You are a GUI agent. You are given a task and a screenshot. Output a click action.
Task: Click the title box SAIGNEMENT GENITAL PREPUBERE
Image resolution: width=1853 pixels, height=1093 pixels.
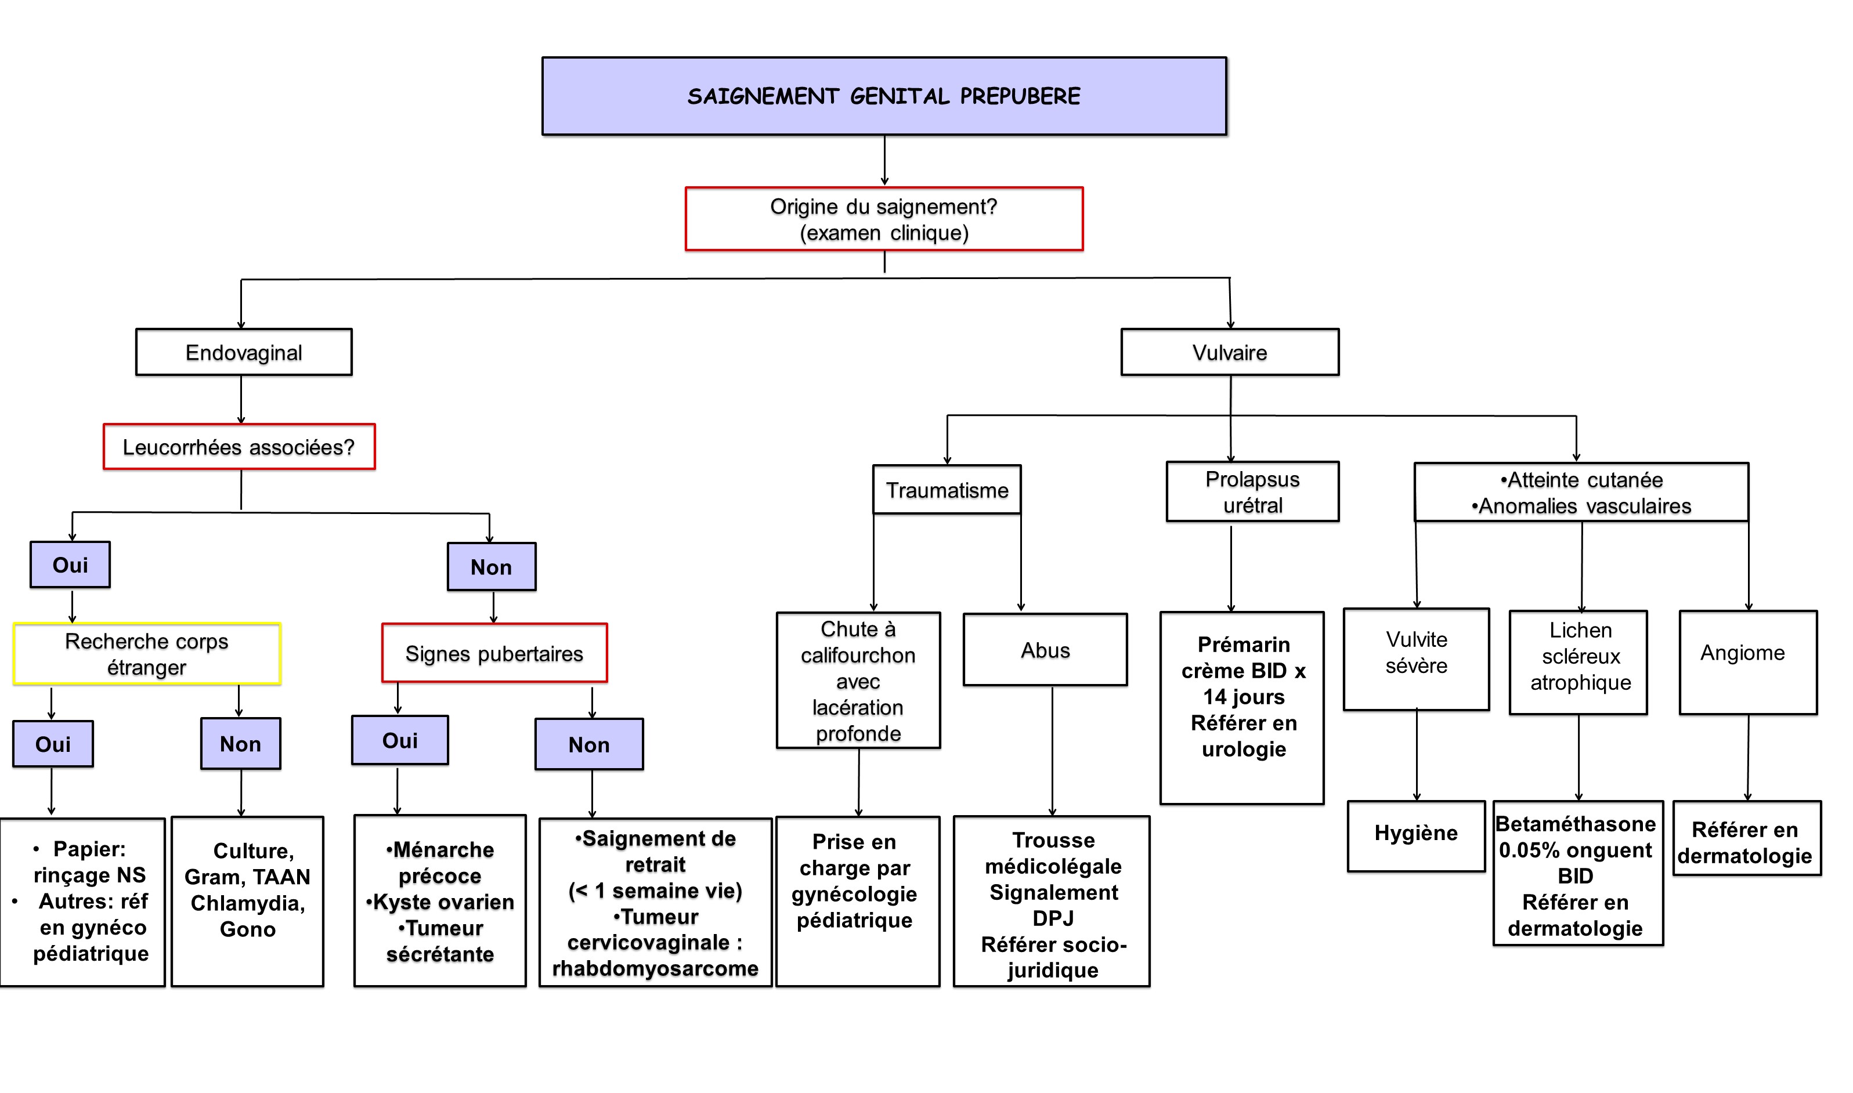[884, 96]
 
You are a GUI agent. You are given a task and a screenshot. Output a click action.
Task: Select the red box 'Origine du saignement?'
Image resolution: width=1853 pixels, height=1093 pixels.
[884, 219]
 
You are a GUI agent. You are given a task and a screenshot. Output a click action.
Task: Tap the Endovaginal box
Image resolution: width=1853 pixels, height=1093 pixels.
[244, 352]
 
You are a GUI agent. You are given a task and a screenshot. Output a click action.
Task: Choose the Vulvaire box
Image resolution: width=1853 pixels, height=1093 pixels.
[1230, 352]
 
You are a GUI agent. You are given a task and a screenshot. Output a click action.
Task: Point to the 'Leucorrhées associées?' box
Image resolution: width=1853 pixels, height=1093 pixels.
[239, 446]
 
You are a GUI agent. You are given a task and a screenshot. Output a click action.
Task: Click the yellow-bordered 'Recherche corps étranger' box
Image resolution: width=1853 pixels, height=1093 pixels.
[147, 654]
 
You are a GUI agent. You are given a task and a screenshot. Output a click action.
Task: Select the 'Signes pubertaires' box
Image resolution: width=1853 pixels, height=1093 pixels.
[494, 653]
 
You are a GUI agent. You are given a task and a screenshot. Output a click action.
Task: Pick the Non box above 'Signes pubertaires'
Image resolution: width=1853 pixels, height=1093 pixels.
[492, 566]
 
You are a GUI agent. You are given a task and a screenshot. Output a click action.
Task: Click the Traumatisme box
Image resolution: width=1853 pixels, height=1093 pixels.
[947, 490]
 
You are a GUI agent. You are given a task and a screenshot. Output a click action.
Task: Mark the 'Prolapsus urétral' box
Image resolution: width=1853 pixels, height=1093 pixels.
[1252, 492]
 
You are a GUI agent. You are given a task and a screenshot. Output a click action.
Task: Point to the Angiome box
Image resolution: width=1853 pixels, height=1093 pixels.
[1747, 662]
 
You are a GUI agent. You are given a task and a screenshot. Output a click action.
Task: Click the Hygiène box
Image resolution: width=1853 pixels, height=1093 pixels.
[1415, 836]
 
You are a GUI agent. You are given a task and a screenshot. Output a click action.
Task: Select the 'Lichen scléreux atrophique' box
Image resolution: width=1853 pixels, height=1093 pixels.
[1578, 662]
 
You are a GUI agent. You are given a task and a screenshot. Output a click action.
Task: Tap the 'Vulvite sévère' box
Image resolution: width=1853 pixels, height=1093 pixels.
[1416, 659]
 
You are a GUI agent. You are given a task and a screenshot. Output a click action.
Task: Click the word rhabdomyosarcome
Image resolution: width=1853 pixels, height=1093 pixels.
[655, 968]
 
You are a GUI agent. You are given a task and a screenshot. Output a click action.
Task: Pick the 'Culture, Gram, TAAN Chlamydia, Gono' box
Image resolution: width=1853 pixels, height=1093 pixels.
[248, 901]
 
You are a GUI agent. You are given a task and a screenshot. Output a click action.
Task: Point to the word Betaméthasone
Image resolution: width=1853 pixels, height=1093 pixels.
[1575, 823]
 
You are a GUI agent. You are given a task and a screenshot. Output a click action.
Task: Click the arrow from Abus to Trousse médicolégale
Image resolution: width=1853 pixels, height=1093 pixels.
[1052, 751]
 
